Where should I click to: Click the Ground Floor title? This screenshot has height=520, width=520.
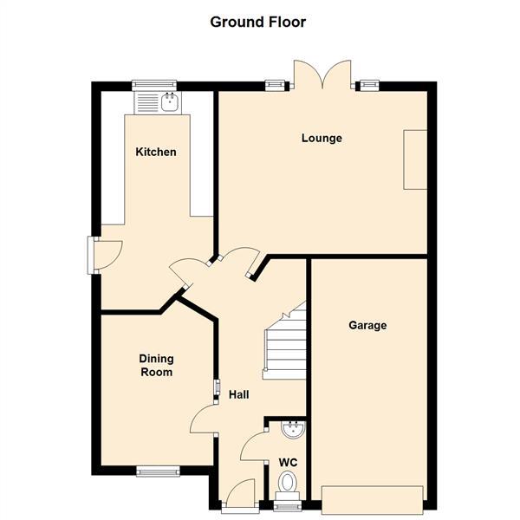point(258,22)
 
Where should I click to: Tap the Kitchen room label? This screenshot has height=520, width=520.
point(156,152)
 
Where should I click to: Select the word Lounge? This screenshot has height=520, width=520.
point(322,138)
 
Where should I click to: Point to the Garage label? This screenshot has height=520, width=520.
point(367,325)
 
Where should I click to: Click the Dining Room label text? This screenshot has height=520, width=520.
point(157,365)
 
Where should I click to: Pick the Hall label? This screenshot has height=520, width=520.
point(239,394)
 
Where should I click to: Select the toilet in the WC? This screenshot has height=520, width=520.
point(287,483)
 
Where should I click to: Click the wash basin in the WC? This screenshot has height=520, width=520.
point(292,428)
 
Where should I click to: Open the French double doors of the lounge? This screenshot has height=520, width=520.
point(322,75)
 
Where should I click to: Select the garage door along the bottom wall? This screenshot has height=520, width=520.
point(372,498)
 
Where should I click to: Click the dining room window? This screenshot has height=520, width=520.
point(157,471)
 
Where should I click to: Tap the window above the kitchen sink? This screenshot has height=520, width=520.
point(155,84)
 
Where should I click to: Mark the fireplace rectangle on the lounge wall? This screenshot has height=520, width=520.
point(415,159)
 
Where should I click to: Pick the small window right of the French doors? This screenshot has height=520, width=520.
point(369,84)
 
